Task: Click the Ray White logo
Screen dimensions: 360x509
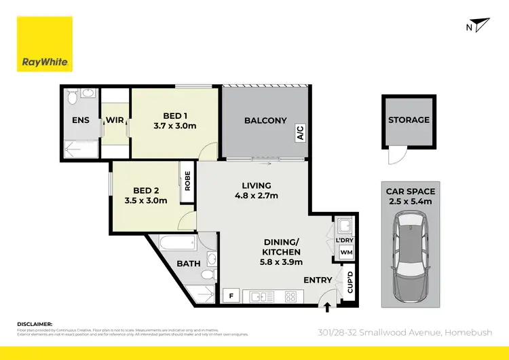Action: (45, 45)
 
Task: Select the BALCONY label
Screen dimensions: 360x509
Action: (265, 120)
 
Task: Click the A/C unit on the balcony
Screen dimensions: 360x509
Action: (299, 132)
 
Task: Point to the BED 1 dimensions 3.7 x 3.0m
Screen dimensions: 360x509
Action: (175, 126)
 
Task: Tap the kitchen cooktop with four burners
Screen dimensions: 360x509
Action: (292, 297)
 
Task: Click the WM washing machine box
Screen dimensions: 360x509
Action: (345, 253)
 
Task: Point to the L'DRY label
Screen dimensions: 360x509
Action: (345, 240)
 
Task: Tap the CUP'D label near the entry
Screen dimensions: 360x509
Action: (350, 281)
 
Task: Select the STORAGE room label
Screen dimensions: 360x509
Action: (409, 120)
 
